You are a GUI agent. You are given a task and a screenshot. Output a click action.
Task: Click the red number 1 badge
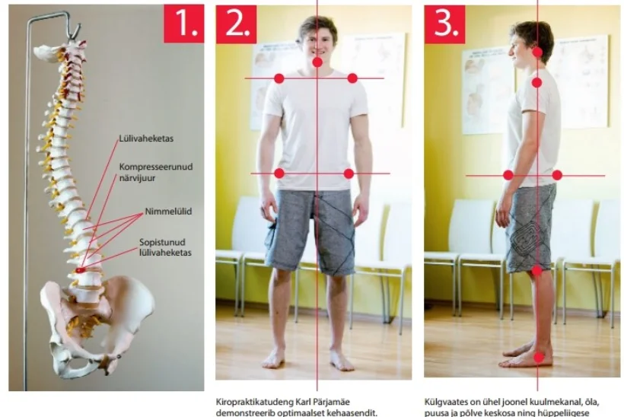(184, 24)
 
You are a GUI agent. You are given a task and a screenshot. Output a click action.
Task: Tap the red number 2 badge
(237, 24)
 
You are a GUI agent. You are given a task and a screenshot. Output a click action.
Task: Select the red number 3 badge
(444, 24)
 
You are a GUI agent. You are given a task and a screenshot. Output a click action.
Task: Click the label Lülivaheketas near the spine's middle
(146, 138)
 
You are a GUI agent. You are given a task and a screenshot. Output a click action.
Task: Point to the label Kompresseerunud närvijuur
(156, 172)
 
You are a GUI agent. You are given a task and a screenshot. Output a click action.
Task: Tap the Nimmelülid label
(168, 212)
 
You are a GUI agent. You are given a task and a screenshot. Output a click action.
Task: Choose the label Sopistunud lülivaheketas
(165, 247)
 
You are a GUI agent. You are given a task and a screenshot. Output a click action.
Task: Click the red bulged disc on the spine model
(81, 270)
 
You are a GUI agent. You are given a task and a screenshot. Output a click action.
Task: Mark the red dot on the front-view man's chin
(317, 62)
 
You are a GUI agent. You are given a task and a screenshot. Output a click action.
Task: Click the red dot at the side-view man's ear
(538, 52)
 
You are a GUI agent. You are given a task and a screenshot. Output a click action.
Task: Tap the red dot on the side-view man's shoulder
(536, 83)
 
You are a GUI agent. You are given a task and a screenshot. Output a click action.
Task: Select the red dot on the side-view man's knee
(536, 271)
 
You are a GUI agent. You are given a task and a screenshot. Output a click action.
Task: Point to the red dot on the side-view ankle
(539, 358)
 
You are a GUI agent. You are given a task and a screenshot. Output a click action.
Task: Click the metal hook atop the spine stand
(75, 31)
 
